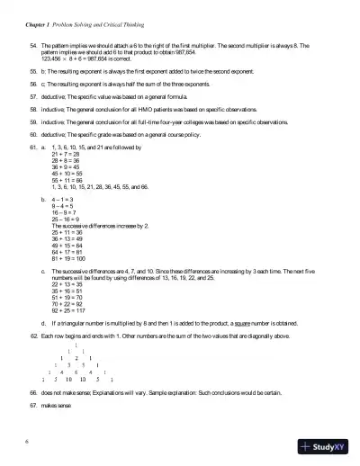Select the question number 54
tap(33, 44)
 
